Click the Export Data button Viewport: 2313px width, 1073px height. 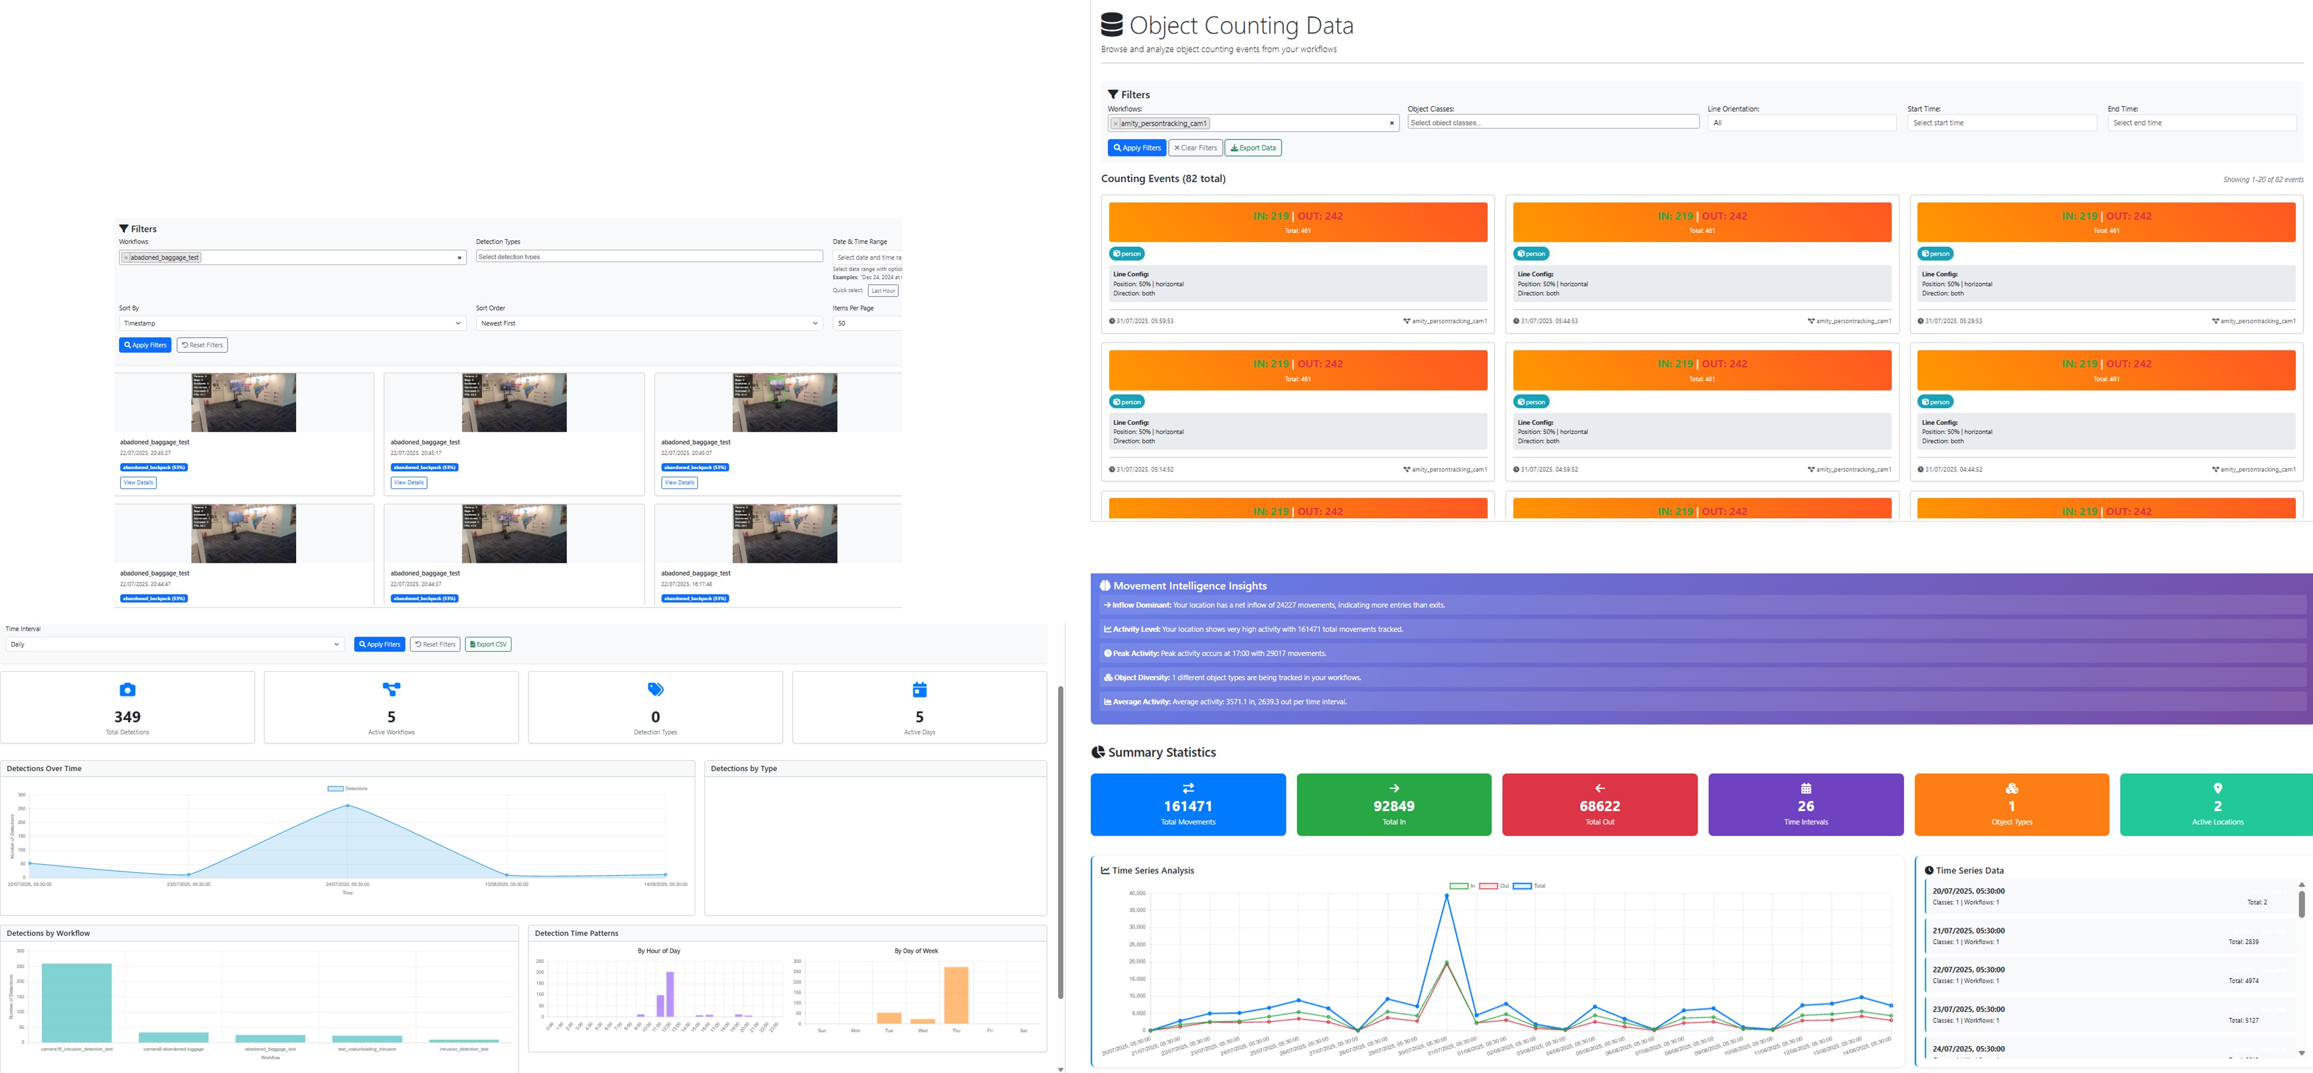(x=1253, y=148)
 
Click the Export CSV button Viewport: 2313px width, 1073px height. (x=488, y=644)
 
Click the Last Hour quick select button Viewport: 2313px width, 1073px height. (x=883, y=291)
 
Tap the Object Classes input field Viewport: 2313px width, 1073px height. (x=1553, y=123)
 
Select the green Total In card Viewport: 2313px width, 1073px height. (x=1394, y=805)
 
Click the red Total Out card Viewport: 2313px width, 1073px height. (x=1599, y=805)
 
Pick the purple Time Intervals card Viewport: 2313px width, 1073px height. (x=1805, y=805)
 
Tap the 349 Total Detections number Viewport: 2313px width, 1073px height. (x=128, y=717)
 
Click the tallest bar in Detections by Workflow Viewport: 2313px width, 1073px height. (x=76, y=1002)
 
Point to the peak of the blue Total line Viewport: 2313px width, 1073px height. (x=1446, y=896)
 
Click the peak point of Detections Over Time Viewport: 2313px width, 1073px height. (x=347, y=805)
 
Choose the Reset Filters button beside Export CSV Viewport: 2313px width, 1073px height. (x=436, y=644)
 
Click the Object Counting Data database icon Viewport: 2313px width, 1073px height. (x=1112, y=24)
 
